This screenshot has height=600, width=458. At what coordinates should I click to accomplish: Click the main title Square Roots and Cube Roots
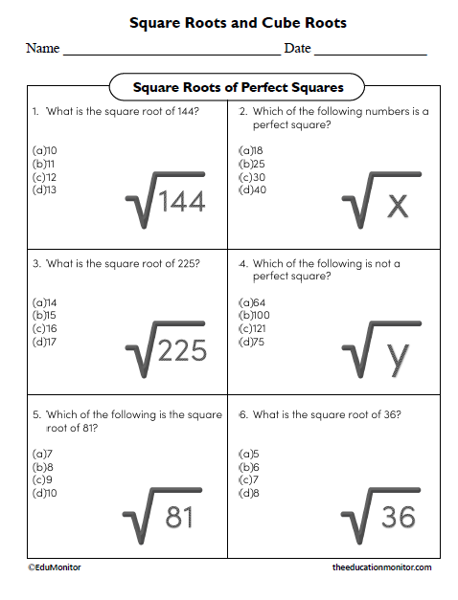coord(238,22)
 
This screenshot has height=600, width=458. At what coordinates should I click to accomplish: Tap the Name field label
coord(42,49)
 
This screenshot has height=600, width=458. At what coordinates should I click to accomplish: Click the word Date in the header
coord(297,49)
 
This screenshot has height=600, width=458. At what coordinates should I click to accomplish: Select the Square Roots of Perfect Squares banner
coord(238,88)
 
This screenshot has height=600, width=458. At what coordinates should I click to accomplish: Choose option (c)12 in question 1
coord(45,176)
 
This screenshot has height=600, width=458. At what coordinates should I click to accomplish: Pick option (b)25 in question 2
coord(252,164)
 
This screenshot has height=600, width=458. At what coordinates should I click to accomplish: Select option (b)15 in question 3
coord(45,315)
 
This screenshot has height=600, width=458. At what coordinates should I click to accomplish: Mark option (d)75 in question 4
coord(252,342)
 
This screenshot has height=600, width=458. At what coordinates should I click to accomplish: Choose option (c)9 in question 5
coord(43,479)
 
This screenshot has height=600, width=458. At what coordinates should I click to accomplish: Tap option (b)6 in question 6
coord(249,466)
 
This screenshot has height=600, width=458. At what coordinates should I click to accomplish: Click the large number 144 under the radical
coord(182,203)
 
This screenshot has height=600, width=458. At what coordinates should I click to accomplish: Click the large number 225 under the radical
coord(182,351)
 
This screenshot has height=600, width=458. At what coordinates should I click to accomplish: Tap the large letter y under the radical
coord(398,356)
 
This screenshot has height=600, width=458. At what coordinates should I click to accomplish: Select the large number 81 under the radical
coord(179,517)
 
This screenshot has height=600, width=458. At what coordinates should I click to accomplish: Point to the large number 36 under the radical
coord(398,518)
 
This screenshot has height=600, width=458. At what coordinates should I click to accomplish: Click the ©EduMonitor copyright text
coord(55,567)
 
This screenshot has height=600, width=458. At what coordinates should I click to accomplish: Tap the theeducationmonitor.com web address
coord(381,567)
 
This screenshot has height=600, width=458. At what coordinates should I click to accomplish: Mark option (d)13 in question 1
coord(45,189)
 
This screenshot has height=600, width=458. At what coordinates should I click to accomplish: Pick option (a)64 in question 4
coord(252,302)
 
